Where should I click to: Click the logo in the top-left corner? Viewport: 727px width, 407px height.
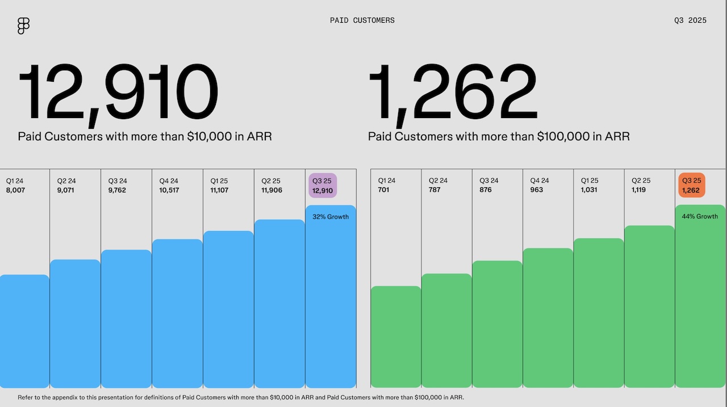point(23,26)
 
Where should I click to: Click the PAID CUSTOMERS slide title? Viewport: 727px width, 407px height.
point(362,20)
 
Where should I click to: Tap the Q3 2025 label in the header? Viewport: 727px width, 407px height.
point(690,20)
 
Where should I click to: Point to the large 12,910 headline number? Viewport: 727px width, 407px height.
point(118,93)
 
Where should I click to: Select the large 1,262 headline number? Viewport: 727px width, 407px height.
point(453,93)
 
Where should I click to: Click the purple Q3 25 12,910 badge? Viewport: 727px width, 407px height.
point(323,186)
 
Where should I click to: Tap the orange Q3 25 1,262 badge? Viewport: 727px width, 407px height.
point(691,186)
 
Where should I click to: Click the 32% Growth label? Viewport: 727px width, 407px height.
point(331,217)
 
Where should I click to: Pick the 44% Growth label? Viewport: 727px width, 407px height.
point(700,216)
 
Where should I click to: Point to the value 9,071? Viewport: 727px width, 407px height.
point(66,190)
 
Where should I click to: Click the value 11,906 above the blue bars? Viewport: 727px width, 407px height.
point(271,190)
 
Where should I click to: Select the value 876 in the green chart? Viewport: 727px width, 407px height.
point(486,190)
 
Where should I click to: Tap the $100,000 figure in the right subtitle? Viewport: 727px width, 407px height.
point(564,137)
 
